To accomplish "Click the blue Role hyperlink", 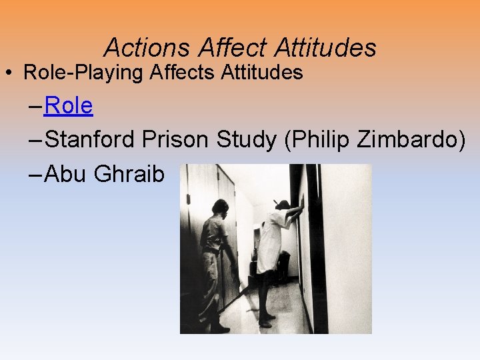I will (x=69, y=105).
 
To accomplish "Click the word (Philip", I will (x=319, y=139).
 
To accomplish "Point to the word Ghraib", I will (x=129, y=173).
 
